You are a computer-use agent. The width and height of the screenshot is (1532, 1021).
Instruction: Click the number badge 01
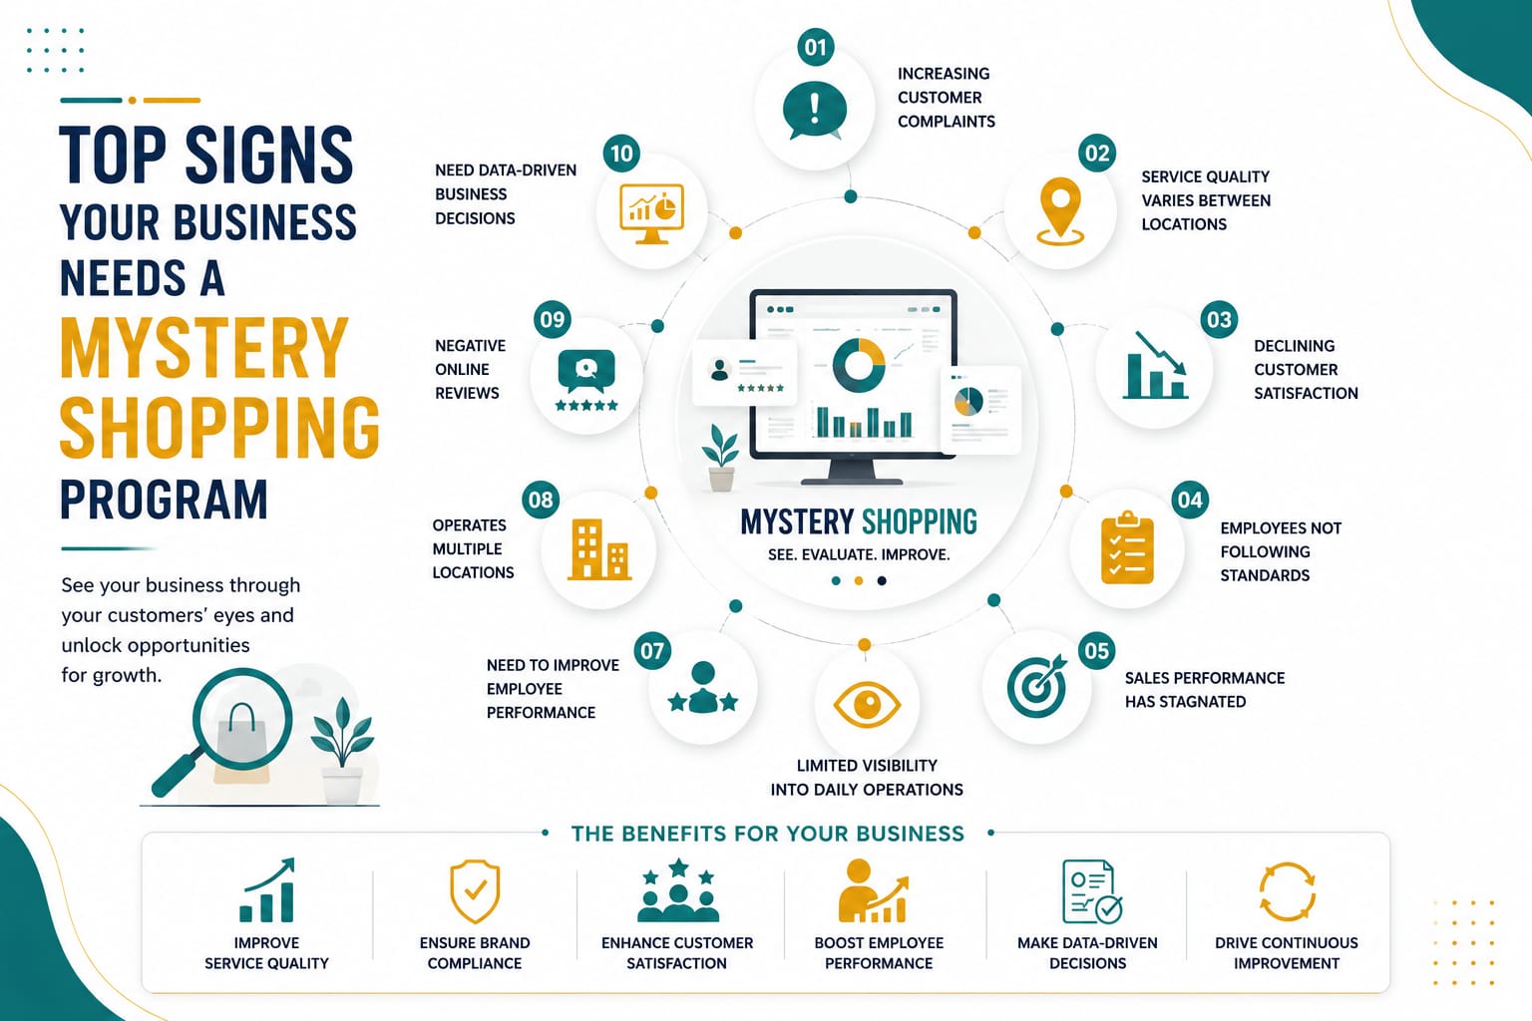click(815, 47)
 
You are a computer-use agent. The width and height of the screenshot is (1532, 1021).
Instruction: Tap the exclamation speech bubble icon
click(815, 110)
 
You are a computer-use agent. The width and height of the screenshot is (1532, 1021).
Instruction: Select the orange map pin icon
click(1060, 210)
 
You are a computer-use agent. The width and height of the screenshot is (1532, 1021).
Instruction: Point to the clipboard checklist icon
click(1127, 548)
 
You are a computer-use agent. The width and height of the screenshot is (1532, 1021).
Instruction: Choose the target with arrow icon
click(1037, 686)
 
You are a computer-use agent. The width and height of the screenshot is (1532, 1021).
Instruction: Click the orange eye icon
click(867, 704)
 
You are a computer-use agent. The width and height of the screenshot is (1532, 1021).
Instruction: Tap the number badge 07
click(652, 650)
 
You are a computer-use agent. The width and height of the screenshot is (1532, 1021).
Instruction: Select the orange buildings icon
click(599, 549)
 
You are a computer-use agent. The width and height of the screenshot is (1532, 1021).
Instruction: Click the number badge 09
click(553, 319)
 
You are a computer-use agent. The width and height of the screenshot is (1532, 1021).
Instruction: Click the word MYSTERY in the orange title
click(203, 348)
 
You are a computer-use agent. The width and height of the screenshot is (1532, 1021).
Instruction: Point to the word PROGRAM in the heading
click(165, 500)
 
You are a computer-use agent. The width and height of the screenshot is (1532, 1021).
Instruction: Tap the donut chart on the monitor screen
click(859, 365)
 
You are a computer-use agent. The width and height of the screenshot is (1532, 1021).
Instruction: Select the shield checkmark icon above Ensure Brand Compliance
click(475, 891)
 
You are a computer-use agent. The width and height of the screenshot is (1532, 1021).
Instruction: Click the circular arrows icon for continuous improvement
click(1288, 891)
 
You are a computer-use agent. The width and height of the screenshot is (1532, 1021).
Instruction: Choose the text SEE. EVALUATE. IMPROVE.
click(859, 554)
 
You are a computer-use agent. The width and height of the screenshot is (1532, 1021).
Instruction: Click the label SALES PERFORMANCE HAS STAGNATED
click(1205, 689)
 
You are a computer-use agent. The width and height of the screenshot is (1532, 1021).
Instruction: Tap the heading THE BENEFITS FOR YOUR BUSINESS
click(767, 834)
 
